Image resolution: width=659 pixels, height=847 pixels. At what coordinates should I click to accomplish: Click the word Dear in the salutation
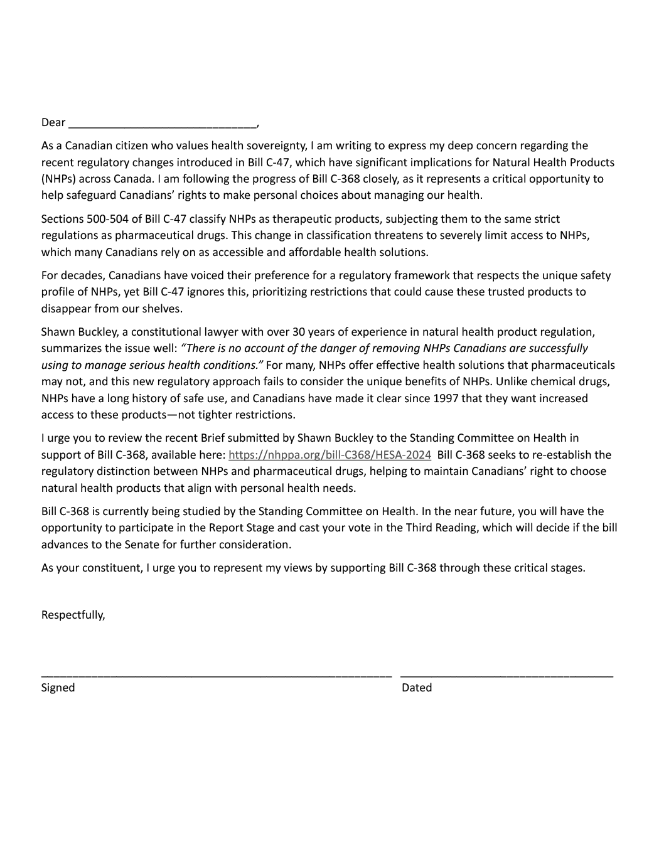(x=53, y=122)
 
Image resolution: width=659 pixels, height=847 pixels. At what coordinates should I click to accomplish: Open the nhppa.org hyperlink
(x=329, y=455)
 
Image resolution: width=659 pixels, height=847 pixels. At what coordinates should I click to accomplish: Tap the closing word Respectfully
(x=73, y=615)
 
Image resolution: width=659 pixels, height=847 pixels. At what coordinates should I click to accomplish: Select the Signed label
(x=58, y=688)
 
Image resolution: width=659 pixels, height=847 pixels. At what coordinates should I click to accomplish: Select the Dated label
(x=417, y=688)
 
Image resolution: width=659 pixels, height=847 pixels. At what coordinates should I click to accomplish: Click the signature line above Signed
(x=217, y=676)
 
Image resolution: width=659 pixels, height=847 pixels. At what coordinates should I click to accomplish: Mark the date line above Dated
(x=506, y=676)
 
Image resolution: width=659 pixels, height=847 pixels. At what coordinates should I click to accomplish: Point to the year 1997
(x=446, y=398)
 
